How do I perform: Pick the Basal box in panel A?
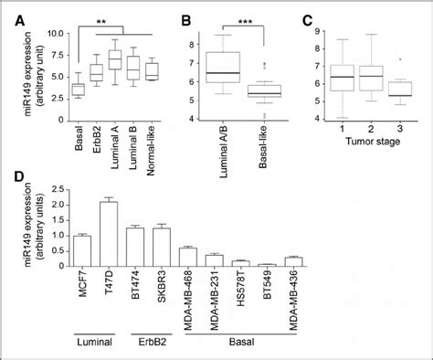[79, 88]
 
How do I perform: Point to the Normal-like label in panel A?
[153, 137]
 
